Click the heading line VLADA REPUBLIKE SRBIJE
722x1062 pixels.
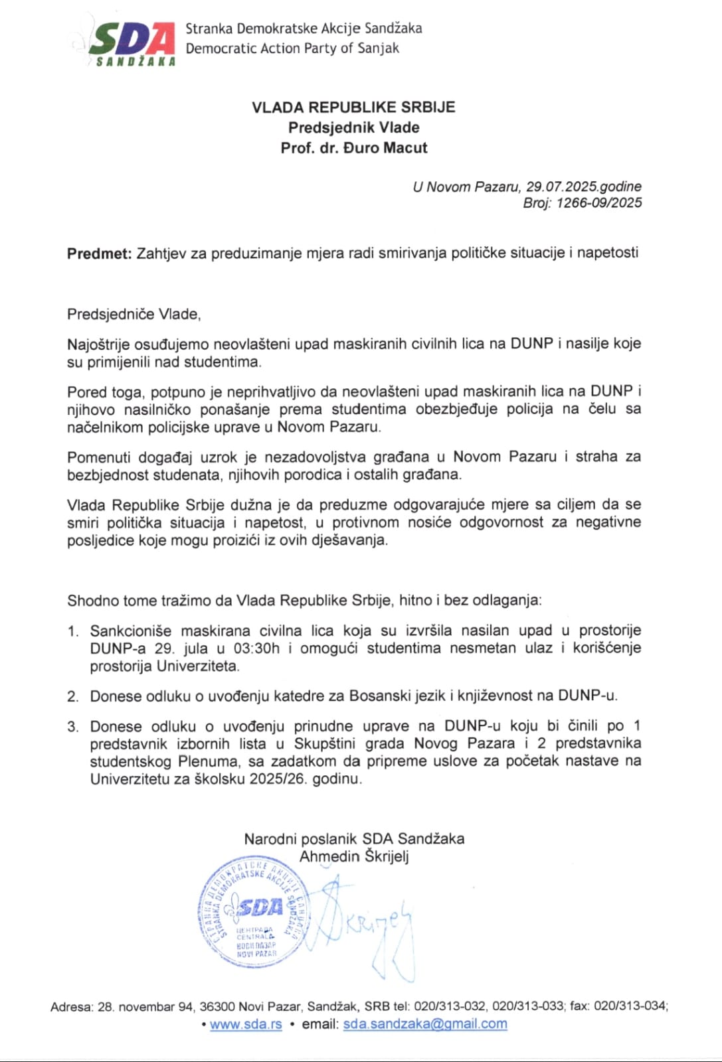pyautogui.click(x=353, y=108)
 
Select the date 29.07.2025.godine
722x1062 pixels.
pyautogui.click(x=584, y=187)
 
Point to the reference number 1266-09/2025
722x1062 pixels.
pyautogui.click(x=599, y=203)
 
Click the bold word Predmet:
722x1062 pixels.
pyautogui.click(x=100, y=253)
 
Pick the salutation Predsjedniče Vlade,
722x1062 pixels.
pyautogui.click(x=134, y=314)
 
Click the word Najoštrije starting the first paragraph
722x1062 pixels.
pyautogui.click(x=98, y=344)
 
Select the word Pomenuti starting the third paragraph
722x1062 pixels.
pyautogui.click(x=98, y=457)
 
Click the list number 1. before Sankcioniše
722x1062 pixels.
pyautogui.click(x=73, y=631)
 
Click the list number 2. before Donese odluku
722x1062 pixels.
pyautogui.click(x=73, y=696)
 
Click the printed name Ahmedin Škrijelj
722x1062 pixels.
pyautogui.click(x=354, y=856)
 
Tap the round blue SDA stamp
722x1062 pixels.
pyautogui.click(x=253, y=912)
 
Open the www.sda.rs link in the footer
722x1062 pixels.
pyautogui.click(x=246, y=1024)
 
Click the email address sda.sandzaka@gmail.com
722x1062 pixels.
pyautogui.click(x=425, y=1024)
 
